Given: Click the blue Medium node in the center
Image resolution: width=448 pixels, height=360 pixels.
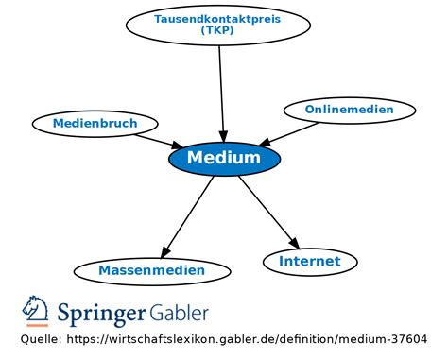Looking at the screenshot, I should coord(224,158).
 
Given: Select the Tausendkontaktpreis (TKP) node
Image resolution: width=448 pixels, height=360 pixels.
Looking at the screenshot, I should coord(218,25).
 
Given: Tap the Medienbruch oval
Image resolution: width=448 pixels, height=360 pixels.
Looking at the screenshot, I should coord(95,123).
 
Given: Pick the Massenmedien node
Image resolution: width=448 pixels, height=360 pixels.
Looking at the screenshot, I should coord(151,271).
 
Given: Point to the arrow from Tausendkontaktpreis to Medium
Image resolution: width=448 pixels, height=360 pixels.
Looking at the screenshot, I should coord(222,90).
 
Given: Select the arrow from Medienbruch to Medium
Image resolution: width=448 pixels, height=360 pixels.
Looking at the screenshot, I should coord(156,140).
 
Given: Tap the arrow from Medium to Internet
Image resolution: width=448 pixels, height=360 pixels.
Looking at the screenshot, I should coord(267,210).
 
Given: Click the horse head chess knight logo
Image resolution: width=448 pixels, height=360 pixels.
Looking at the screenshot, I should coord(36,310).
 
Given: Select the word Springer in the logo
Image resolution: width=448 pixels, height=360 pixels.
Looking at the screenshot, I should coord(102,313).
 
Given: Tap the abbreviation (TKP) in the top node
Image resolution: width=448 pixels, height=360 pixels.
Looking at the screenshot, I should coord(218,30).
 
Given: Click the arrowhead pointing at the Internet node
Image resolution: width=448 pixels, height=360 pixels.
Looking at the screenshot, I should coord(293,241).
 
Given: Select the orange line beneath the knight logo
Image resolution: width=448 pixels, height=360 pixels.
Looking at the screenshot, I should coord(36,325).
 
